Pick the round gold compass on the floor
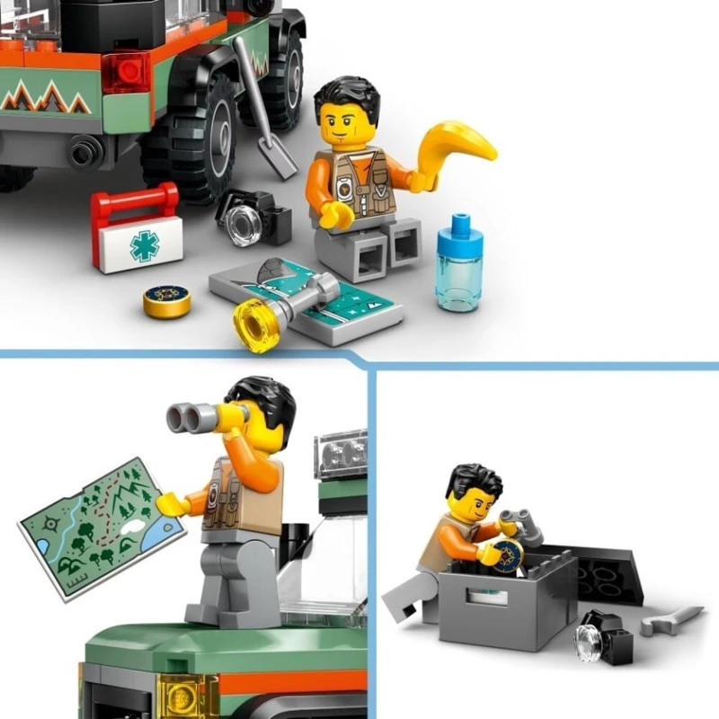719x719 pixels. click(x=167, y=302)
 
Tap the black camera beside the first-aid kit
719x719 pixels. click(x=253, y=217)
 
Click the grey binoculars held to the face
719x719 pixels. click(x=200, y=416)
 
